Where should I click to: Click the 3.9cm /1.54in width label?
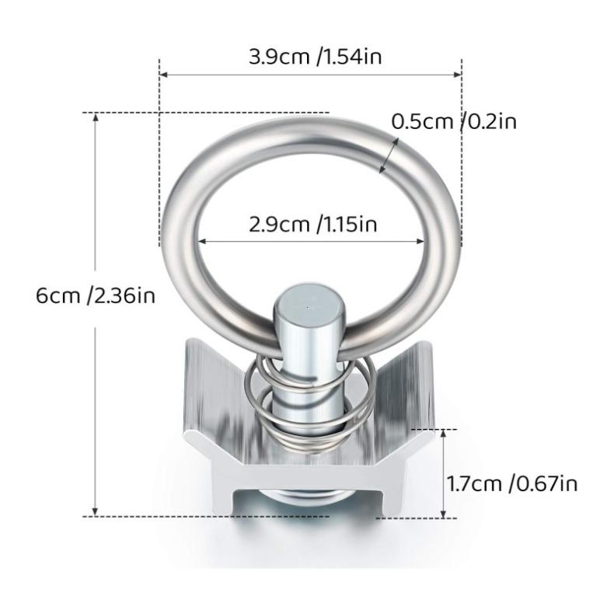click(314, 56)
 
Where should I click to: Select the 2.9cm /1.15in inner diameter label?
click(312, 225)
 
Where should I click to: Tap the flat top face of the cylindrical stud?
click(307, 299)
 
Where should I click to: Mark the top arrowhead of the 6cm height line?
click(96, 117)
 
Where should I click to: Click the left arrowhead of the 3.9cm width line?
click(163, 75)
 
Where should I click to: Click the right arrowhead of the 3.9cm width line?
click(459, 75)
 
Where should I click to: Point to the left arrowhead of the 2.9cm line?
click(201, 242)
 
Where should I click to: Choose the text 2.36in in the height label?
click(124, 295)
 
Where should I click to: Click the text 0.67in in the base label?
click(546, 483)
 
